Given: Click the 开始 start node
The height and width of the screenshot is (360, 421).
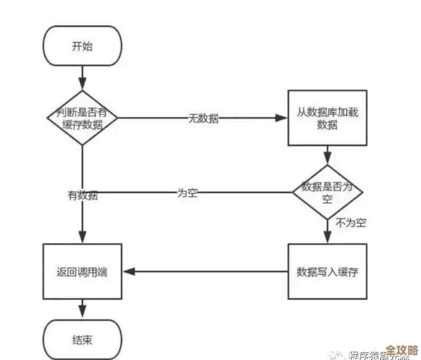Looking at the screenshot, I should (x=82, y=46).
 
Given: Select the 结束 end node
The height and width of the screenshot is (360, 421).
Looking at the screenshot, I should (x=82, y=339).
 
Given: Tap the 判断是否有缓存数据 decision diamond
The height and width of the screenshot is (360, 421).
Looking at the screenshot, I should (x=82, y=119).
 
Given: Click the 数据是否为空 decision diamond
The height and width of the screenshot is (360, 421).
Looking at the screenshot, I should (x=327, y=192).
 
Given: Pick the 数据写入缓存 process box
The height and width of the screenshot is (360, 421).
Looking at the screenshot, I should (x=327, y=272).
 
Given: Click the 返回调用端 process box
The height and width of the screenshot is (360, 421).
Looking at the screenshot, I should (x=82, y=272).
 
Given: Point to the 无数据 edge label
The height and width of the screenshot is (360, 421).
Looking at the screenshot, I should (x=203, y=119).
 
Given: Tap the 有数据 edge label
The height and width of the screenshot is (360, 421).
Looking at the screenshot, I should (x=82, y=195).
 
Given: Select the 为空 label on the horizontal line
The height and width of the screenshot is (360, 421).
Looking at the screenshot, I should (x=186, y=193).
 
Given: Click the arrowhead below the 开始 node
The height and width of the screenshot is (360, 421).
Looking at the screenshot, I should (x=82, y=84).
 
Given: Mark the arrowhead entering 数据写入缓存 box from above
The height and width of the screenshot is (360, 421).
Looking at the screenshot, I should (x=327, y=238).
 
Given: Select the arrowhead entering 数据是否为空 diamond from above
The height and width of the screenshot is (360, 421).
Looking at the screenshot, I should (x=327, y=158).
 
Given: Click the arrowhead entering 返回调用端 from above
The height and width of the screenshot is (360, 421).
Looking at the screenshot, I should (x=82, y=238).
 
